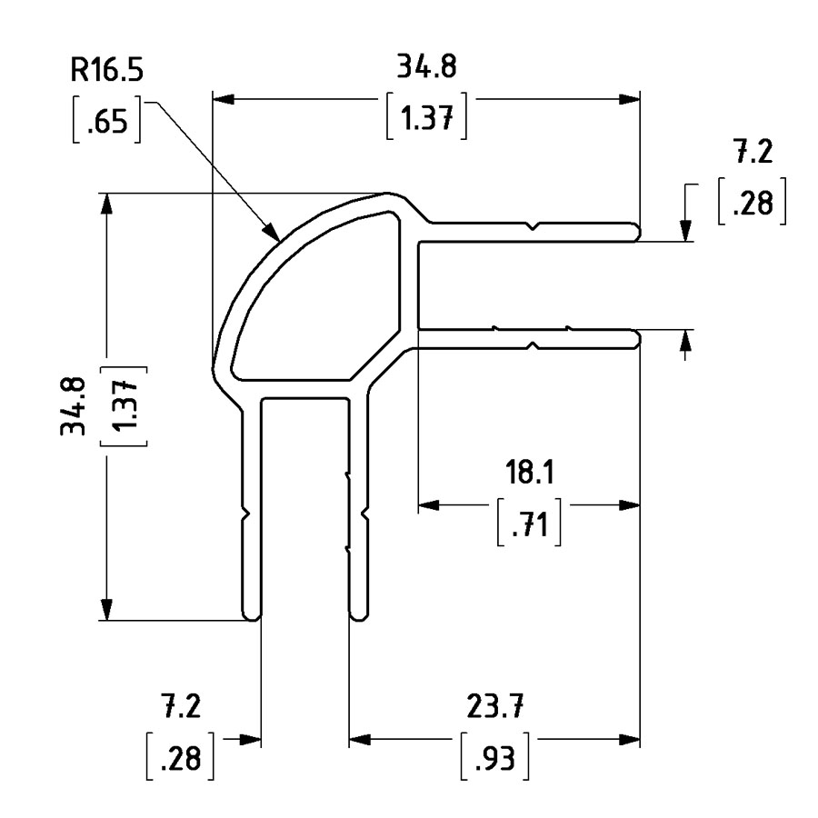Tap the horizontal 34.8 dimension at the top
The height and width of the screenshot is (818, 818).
[x=426, y=66]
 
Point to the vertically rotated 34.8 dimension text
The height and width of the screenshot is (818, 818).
[x=75, y=405]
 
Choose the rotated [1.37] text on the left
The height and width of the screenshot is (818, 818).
[x=127, y=405]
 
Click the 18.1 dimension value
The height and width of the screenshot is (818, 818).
[x=530, y=474]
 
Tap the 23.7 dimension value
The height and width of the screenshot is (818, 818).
[x=495, y=704]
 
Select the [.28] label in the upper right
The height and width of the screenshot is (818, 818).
[x=752, y=204]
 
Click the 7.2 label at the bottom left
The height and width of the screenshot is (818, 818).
[x=180, y=704]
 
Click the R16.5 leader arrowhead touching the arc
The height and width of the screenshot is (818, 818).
[x=272, y=233]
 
